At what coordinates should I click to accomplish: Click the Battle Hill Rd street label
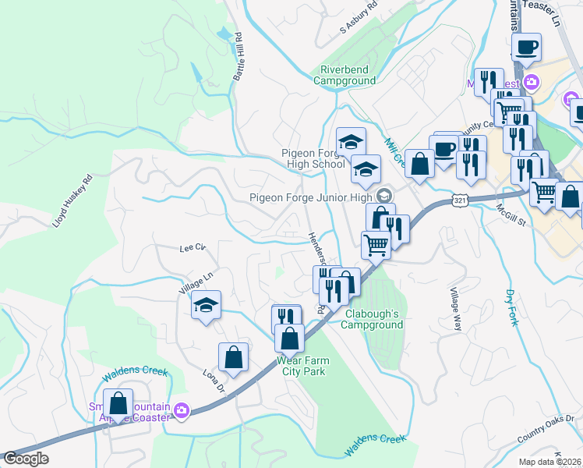[x=238, y=57]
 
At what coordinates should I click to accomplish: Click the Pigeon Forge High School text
[x=313, y=158]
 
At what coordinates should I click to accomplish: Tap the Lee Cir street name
[x=192, y=248]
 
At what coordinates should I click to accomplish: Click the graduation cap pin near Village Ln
[x=206, y=304]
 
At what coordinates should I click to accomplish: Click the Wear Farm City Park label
[x=300, y=366]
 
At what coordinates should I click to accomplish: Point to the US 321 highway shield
[x=459, y=201]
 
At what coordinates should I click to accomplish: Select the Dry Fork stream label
[x=511, y=307]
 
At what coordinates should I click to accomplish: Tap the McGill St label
[x=512, y=215]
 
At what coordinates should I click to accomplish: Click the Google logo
[x=26, y=459]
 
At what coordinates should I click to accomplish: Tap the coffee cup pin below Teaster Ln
[x=527, y=47]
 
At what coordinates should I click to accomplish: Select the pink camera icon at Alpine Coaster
[x=182, y=410]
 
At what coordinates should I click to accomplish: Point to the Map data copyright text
[x=550, y=462]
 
